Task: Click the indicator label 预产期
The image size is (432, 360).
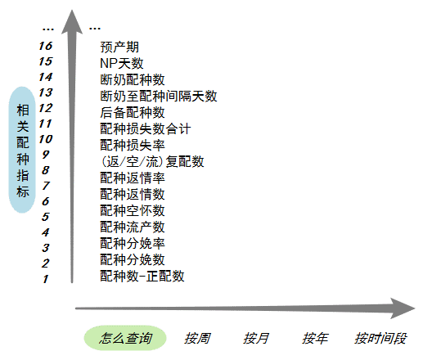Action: pos(119,47)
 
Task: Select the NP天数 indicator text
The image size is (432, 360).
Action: pos(122,63)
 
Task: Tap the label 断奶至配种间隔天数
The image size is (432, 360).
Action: pos(159,96)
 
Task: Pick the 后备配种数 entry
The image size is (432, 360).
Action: pos(133,112)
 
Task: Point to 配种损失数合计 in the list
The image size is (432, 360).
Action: pos(146,128)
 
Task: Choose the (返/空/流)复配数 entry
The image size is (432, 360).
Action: pos(152,161)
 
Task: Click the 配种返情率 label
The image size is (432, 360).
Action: pos(133,178)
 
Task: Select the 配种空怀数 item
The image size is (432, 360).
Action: pos(133,211)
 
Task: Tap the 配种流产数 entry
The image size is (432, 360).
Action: pos(133,227)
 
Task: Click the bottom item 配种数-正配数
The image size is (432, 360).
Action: pos(142,276)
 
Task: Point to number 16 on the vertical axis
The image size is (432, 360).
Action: pos(46,46)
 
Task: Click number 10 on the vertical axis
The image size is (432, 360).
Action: pos(46,139)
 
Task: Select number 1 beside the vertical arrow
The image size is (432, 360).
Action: pos(46,279)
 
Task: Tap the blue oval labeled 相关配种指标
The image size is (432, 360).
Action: pos(22,150)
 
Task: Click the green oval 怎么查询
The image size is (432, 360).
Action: pos(125,338)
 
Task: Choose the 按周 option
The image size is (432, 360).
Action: pos(197,338)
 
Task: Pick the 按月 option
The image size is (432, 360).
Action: pos(255,338)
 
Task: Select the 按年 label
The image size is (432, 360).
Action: pos(315,338)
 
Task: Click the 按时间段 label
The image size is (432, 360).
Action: pos(380,338)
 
